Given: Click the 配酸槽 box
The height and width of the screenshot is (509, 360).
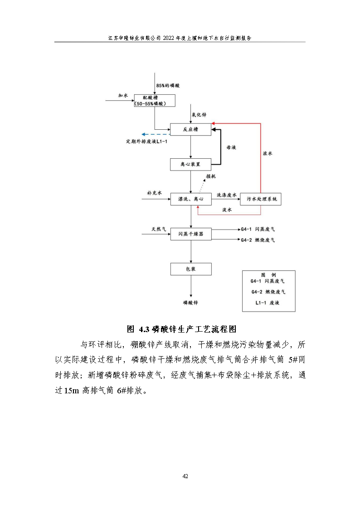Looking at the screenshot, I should (x=154, y=100).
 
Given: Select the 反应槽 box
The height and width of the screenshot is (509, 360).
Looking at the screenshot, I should (x=190, y=130).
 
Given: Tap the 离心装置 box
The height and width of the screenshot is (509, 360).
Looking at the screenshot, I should (x=190, y=164).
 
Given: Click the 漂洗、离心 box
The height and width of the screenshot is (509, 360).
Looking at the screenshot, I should (x=190, y=199).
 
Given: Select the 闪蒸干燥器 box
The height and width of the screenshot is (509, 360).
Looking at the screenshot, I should (x=190, y=234).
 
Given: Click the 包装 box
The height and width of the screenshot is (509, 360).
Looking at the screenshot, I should (x=190, y=269).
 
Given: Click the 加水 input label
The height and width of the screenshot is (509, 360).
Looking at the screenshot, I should (x=123, y=96).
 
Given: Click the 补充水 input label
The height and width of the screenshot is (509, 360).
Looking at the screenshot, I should (x=154, y=193).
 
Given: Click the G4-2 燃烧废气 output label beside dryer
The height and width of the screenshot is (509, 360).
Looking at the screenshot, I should (x=258, y=240).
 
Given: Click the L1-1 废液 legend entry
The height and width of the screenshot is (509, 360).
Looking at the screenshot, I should (x=268, y=303).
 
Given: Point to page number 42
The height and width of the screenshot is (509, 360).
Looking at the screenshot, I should (x=185, y=476).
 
